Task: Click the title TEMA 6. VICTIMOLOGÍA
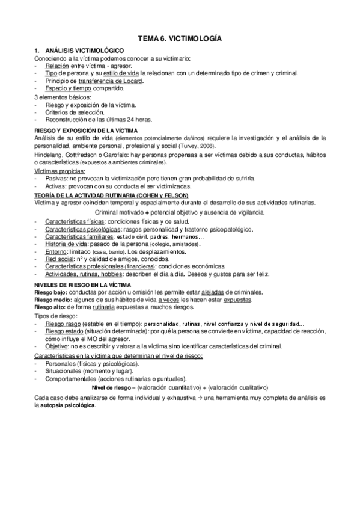pyautogui.click(x=180, y=38)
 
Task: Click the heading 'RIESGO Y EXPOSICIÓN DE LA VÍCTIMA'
pyautogui.click(x=86, y=130)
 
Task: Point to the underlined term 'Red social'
pyautogui.click(x=59, y=259)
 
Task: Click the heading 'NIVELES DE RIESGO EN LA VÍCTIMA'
pyautogui.click(x=84, y=284)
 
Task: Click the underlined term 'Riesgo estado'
pyautogui.click(x=64, y=331)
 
